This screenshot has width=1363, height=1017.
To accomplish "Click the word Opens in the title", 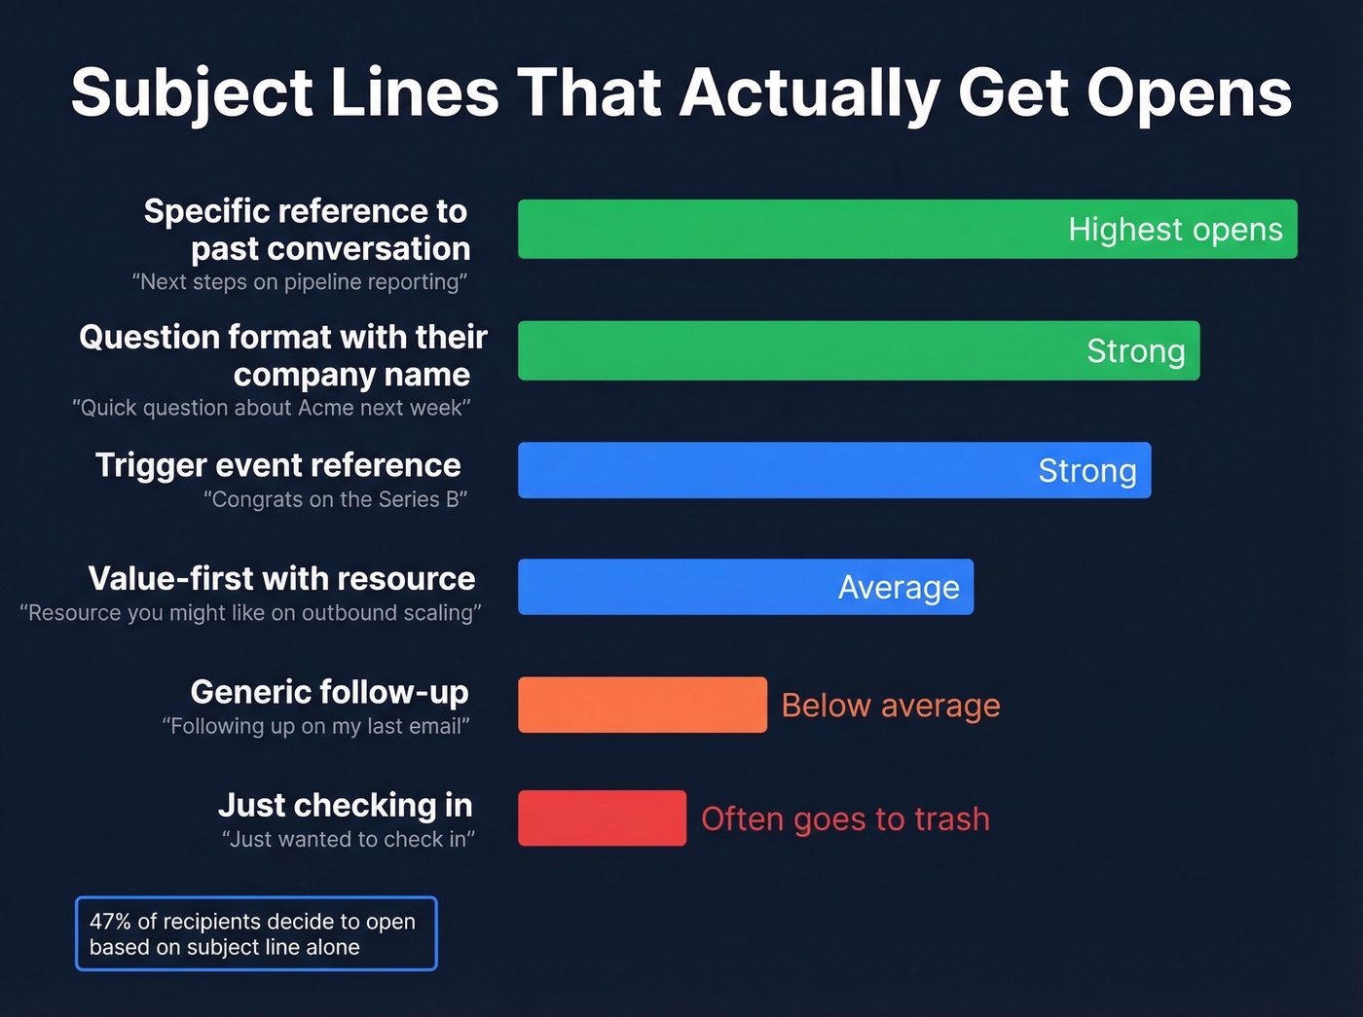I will [x=1189, y=93].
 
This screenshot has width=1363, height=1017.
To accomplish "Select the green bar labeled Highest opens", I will [x=779, y=229].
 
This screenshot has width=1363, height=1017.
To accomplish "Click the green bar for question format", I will [x=779, y=350].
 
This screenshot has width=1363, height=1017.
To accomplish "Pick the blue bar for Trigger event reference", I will [x=759, y=470].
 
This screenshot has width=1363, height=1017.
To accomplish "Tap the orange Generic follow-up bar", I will [x=642, y=705].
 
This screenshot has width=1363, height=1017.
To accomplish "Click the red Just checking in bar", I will [x=602, y=818].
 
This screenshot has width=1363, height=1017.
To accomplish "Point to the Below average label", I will [x=890, y=705].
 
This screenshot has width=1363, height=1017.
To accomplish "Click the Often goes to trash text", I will [x=845, y=819].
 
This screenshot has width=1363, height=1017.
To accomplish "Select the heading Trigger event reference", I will [x=277, y=465].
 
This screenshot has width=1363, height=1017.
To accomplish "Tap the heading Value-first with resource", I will [x=281, y=578].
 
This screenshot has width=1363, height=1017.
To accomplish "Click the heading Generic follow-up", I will [x=329, y=692].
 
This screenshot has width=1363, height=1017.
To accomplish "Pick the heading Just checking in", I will [x=345, y=805].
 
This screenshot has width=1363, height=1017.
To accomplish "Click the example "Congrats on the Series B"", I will [x=335, y=499].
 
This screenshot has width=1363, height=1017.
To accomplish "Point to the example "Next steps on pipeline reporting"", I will [x=299, y=282].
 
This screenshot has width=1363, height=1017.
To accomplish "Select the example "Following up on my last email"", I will [x=315, y=726].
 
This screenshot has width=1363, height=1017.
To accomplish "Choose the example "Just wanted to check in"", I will [x=348, y=839].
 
